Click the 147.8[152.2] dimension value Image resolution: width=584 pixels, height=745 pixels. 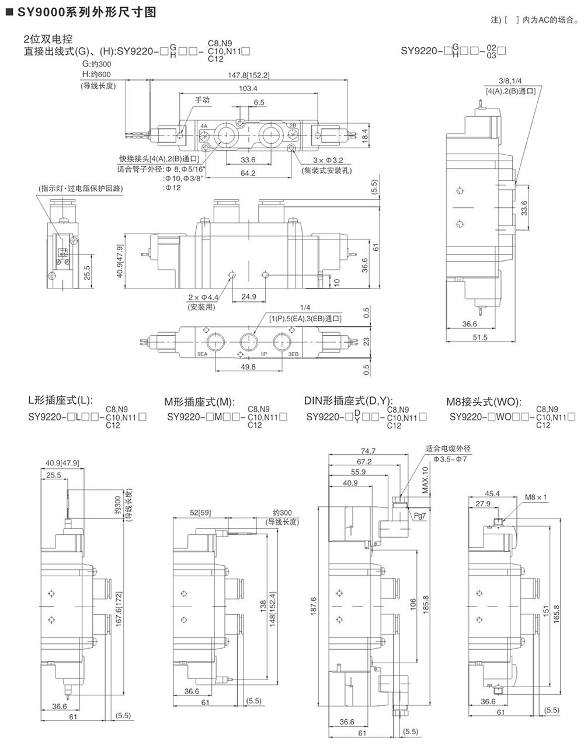[x=249, y=75]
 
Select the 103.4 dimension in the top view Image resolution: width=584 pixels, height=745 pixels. [x=248, y=89]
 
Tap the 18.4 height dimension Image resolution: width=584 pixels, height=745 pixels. [x=365, y=134]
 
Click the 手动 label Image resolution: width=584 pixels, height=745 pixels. [x=202, y=100]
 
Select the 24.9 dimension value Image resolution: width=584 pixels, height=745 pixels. [x=249, y=297]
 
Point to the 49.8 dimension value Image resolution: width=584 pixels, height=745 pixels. [x=248, y=367]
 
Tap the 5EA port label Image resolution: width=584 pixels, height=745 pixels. [x=202, y=354]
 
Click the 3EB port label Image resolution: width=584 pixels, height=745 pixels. [x=293, y=354]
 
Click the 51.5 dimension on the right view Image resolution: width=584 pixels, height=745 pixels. [x=480, y=337]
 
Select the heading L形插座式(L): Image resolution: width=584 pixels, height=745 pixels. [x=61, y=401]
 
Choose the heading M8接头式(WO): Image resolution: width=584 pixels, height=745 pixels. [x=484, y=401]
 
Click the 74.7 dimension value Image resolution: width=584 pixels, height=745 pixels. [x=368, y=450]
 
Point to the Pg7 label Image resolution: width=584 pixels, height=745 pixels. [x=419, y=516]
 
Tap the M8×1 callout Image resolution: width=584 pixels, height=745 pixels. [x=535, y=497]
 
